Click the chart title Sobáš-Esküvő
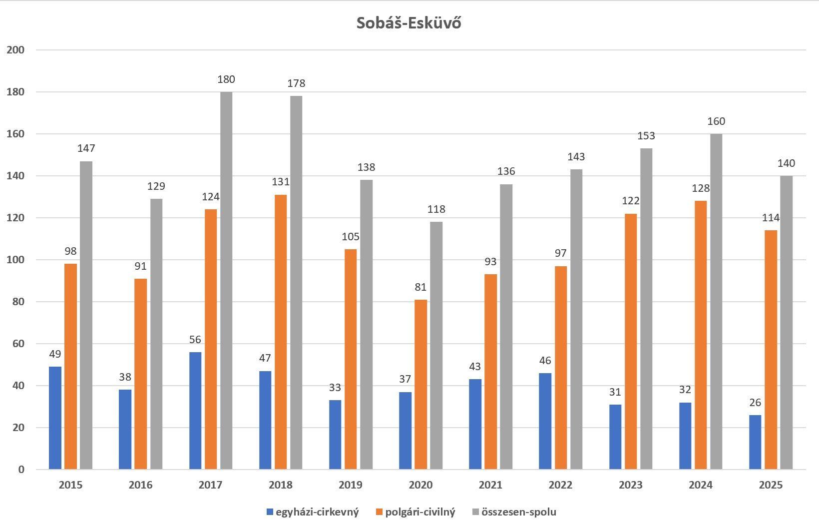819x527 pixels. (409, 23)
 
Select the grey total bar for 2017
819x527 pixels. (226, 280)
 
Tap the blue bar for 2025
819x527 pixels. (755, 442)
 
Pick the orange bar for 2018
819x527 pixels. (281, 332)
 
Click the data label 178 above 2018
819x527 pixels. (296, 83)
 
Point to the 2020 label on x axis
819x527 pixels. (420, 485)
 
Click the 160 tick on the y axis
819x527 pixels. (15, 134)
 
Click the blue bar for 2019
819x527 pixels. (335, 435)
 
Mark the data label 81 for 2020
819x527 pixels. (420, 287)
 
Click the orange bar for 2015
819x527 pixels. (70, 367)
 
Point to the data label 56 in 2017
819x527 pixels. (195, 340)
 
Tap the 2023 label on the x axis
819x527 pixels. (631, 485)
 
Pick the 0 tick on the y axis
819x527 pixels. (21, 470)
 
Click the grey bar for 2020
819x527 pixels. (436, 345)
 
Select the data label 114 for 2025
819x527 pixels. (771, 218)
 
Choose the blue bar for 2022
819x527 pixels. (545, 421)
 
